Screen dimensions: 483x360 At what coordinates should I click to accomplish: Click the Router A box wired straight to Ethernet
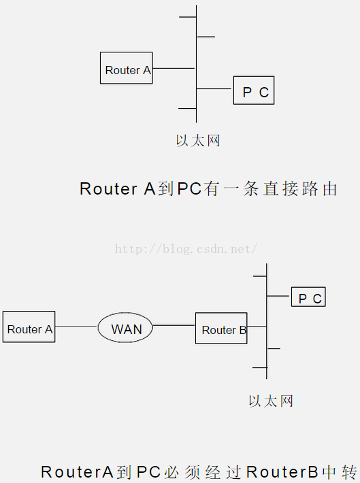[126, 68]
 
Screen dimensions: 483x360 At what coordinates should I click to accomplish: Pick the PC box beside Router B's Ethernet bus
[308, 297]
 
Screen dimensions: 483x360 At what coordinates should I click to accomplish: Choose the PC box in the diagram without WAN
[254, 90]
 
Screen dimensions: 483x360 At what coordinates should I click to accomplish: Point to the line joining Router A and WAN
[76, 327]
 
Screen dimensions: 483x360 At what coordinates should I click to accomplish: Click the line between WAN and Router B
[174, 326]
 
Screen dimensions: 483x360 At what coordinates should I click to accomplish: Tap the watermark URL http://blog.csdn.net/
[185, 249]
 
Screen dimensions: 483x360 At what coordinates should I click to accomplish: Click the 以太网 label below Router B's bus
[270, 401]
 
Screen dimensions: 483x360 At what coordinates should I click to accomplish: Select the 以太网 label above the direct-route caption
[198, 141]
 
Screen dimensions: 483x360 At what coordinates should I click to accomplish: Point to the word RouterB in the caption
[282, 471]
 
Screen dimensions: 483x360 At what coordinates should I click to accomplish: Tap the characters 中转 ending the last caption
[340, 471]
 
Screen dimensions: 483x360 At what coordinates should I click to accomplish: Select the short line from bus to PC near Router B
[278, 296]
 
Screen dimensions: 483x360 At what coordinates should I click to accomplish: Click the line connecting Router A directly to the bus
[174, 68]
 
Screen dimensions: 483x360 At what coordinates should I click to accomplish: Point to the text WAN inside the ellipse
[127, 329]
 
